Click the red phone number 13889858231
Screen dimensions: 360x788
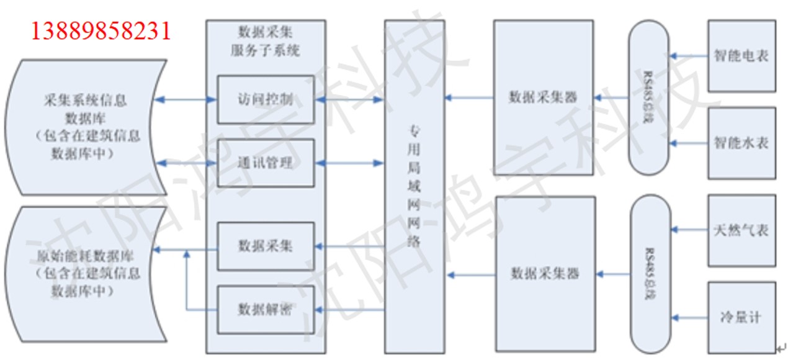tap(100, 30)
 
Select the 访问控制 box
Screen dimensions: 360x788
tap(266, 99)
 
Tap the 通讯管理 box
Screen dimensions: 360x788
tap(266, 163)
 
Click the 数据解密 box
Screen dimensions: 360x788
tap(266, 308)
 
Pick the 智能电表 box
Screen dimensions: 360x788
tap(741, 56)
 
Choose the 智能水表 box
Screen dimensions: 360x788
tap(741, 143)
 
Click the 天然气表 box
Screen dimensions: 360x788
tap(741, 231)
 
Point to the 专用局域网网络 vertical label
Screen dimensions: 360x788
tap(414, 186)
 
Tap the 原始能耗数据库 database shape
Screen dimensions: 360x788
tap(86, 273)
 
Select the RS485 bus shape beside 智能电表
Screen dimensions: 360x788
tap(648, 97)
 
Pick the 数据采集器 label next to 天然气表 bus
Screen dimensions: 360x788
tap(544, 272)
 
